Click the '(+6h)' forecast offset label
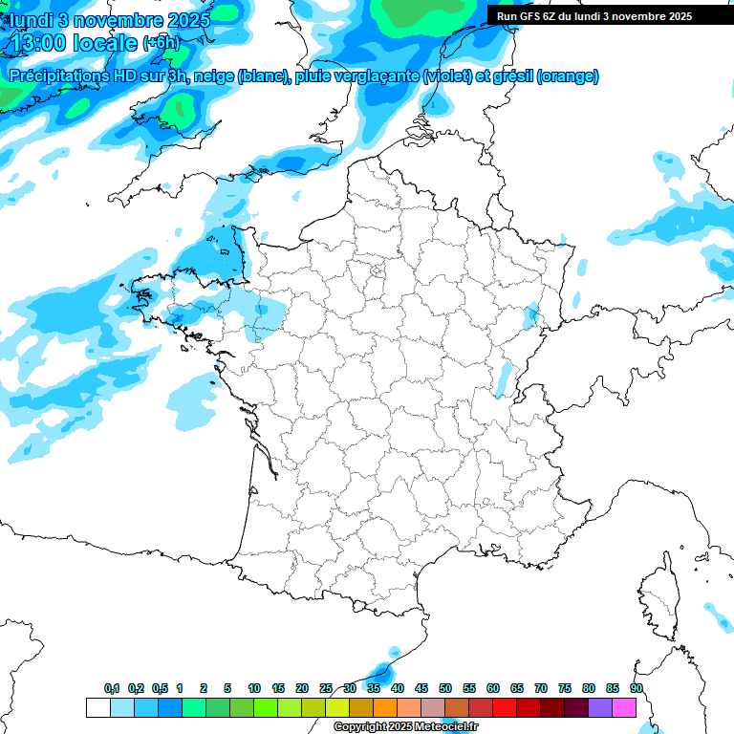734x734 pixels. click(161, 44)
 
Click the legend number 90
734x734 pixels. click(636, 688)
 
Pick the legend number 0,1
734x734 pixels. click(112, 688)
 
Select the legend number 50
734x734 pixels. click(445, 688)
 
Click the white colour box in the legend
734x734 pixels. click(97, 707)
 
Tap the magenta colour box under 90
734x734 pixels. click(624, 707)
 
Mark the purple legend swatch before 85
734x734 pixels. click(600, 707)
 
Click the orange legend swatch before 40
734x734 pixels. click(385, 707)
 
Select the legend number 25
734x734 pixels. click(326, 688)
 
